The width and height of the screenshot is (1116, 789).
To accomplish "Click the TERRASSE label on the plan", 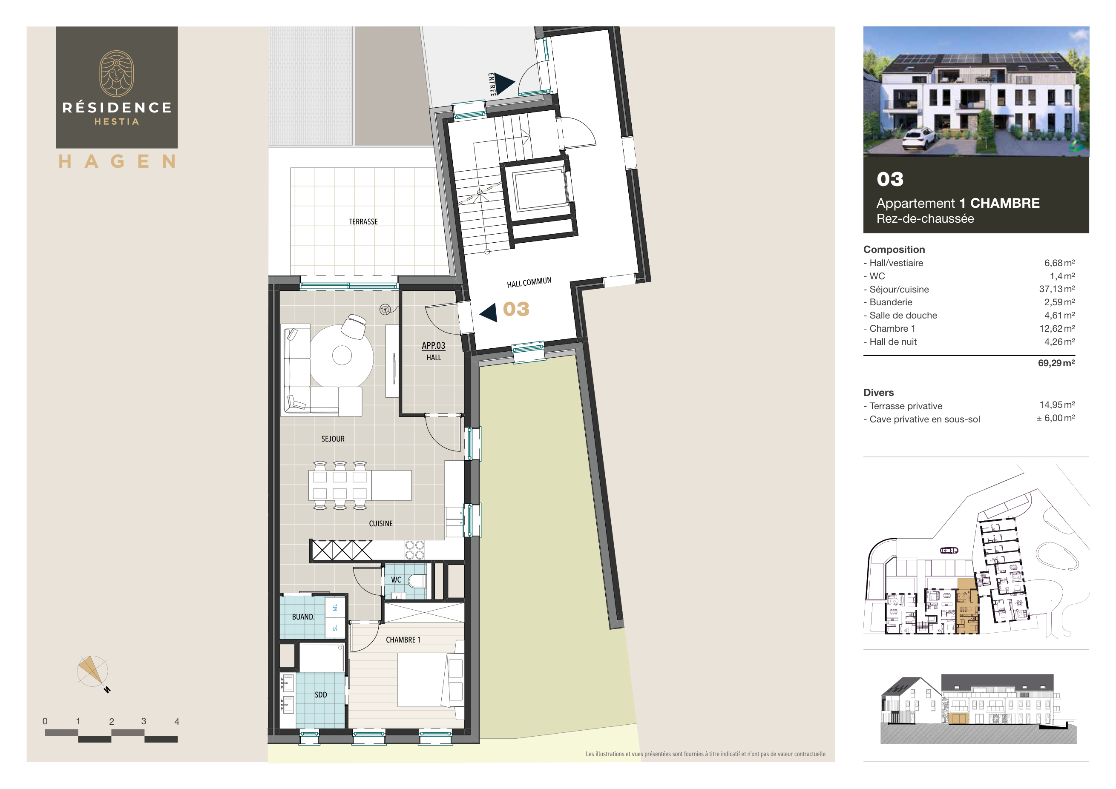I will pyautogui.click(x=363, y=221).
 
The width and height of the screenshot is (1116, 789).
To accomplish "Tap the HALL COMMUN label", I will pyautogui.click(x=529, y=282).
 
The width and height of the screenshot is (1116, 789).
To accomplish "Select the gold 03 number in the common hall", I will pyautogui.click(x=516, y=309).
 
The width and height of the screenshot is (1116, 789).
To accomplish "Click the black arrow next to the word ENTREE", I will pyautogui.click(x=504, y=83).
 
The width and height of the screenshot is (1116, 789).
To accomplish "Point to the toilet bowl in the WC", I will pyautogui.click(x=417, y=581).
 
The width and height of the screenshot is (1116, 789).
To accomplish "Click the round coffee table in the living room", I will pyautogui.click(x=342, y=355).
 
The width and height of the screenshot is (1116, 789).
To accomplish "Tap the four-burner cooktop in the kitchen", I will pyautogui.click(x=414, y=550).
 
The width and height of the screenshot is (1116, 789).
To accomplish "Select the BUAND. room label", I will pyautogui.click(x=303, y=617).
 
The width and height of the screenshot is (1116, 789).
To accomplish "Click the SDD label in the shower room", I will pyautogui.click(x=320, y=695).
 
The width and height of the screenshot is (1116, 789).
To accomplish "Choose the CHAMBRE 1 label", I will pyautogui.click(x=403, y=640).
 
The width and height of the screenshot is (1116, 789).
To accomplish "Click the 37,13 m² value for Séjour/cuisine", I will pyautogui.click(x=1057, y=289).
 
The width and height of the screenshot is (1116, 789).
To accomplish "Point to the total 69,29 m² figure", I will pyautogui.click(x=1056, y=363).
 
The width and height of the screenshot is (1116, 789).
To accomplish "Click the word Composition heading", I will pyautogui.click(x=894, y=249).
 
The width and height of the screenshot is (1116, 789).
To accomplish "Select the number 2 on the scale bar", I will pyautogui.click(x=111, y=721).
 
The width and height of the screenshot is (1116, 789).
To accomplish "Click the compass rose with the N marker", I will pyautogui.click(x=92, y=672).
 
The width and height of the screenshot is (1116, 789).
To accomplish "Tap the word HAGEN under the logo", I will pyautogui.click(x=117, y=161).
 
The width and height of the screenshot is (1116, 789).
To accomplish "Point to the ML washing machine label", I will pyautogui.click(x=335, y=607).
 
